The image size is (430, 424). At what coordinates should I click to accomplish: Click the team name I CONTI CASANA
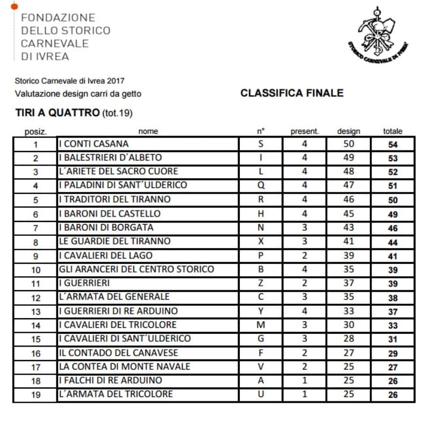pyautogui.click(x=94, y=144)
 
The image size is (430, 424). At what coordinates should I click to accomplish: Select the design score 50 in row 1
pyautogui.click(x=349, y=144)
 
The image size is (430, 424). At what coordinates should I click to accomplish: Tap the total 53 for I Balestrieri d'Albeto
pyautogui.click(x=392, y=159)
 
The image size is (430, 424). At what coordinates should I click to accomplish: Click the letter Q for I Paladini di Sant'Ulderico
pyautogui.click(x=261, y=185)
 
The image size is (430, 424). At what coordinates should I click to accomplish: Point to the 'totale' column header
pyautogui.click(x=392, y=131)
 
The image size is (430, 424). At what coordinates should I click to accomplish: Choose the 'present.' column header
pyautogui.click(x=305, y=131)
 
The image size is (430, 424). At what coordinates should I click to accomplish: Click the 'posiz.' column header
pyautogui.click(x=36, y=131)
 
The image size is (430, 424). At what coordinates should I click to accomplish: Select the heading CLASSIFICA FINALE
pyautogui.click(x=292, y=93)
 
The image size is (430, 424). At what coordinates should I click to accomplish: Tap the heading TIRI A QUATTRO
pyautogui.click(x=58, y=113)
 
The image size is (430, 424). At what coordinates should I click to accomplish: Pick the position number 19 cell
pyautogui.click(x=36, y=395)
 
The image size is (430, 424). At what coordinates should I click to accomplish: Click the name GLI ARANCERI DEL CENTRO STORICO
pyautogui.click(x=137, y=269)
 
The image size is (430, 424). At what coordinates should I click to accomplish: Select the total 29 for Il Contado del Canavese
pyautogui.click(x=392, y=354)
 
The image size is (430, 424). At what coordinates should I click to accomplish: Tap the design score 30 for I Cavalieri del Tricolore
pyautogui.click(x=349, y=325)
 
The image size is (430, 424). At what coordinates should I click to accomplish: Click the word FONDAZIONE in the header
pyautogui.click(x=58, y=18)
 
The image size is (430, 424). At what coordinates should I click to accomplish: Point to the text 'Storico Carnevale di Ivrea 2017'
pyautogui.click(x=70, y=81)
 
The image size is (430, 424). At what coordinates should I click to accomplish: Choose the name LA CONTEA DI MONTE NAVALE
pyautogui.click(x=125, y=366)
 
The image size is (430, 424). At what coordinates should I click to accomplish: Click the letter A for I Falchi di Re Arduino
pyautogui.click(x=261, y=380)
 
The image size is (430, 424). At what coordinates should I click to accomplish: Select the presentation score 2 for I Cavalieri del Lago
pyautogui.click(x=305, y=255)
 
